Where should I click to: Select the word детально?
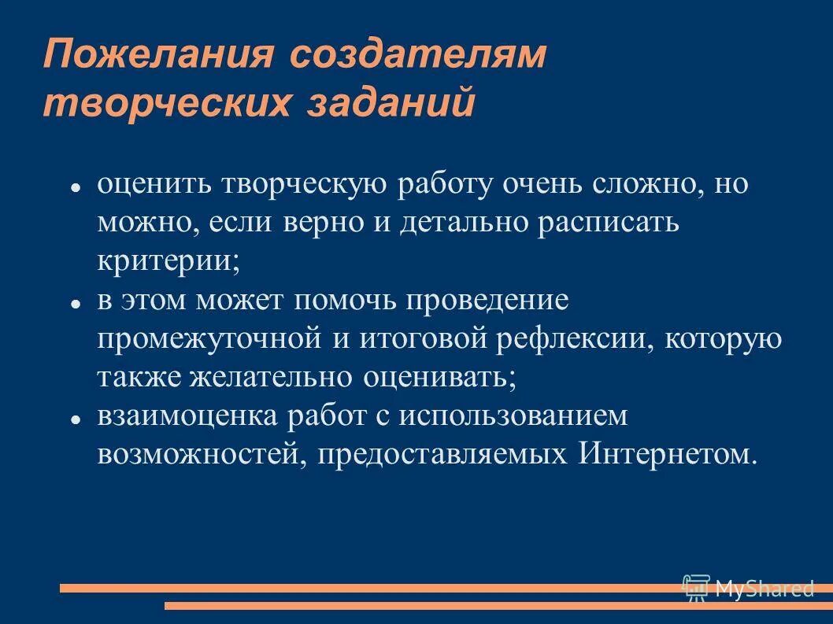click(x=463, y=223)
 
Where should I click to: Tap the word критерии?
click(x=168, y=261)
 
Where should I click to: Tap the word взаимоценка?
click(x=187, y=415)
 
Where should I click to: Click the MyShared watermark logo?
click(x=747, y=588)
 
